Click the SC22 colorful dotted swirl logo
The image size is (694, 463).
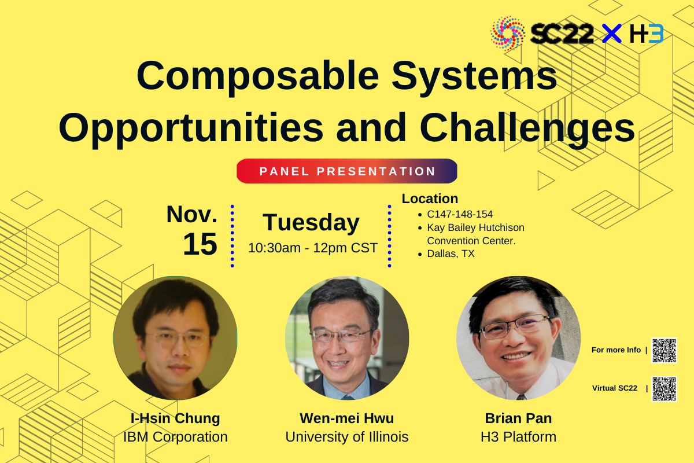point(508,34)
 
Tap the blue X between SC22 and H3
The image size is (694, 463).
point(612,33)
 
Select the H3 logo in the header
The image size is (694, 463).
point(647,33)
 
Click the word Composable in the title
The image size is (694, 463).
point(258,76)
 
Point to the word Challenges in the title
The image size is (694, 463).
point(527,128)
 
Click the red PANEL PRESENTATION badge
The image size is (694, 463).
point(346,171)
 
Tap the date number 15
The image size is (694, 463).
point(200,244)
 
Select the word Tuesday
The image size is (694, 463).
point(311,223)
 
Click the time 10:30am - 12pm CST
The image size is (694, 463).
point(313,248)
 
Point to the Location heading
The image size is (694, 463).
point(430,199)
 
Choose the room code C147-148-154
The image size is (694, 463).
point(460,214)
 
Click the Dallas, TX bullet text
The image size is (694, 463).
point(451,253)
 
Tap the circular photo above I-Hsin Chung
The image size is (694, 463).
point(175,338)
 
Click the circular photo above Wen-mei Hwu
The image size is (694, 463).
point(347,338)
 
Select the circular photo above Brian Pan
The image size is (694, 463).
point(518,338)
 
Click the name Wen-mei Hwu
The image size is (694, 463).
point(346,418)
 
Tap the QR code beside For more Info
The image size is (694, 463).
point(665,350)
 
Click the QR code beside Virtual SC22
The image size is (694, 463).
point(665,389)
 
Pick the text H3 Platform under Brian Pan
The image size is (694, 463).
point(518,437)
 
